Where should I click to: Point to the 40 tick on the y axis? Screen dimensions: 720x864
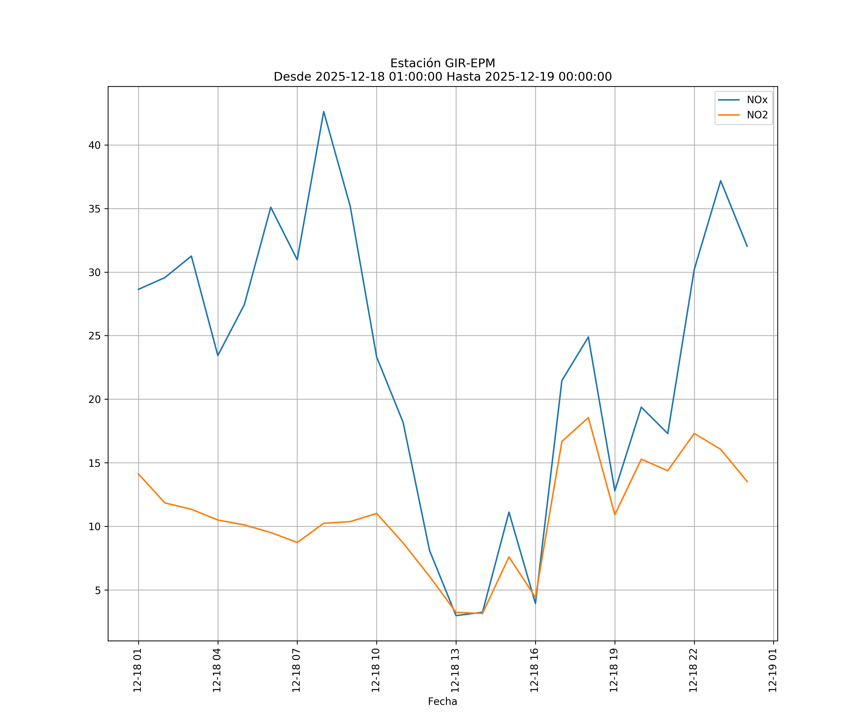(95, 145)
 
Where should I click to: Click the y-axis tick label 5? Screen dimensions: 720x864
(97, 590)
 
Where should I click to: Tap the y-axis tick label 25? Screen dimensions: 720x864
(95, 336)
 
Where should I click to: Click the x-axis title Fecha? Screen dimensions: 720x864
(442, 702)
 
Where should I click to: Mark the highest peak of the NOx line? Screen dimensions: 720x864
(324, 112)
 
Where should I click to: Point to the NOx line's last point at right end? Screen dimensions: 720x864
(747, 246)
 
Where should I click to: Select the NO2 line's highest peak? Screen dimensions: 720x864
(588, 418)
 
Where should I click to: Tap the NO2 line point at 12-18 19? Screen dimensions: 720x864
(615, 515)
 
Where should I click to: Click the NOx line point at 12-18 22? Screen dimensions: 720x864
(694, 270)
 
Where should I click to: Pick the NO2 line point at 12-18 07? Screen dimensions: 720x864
(297, 543)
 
